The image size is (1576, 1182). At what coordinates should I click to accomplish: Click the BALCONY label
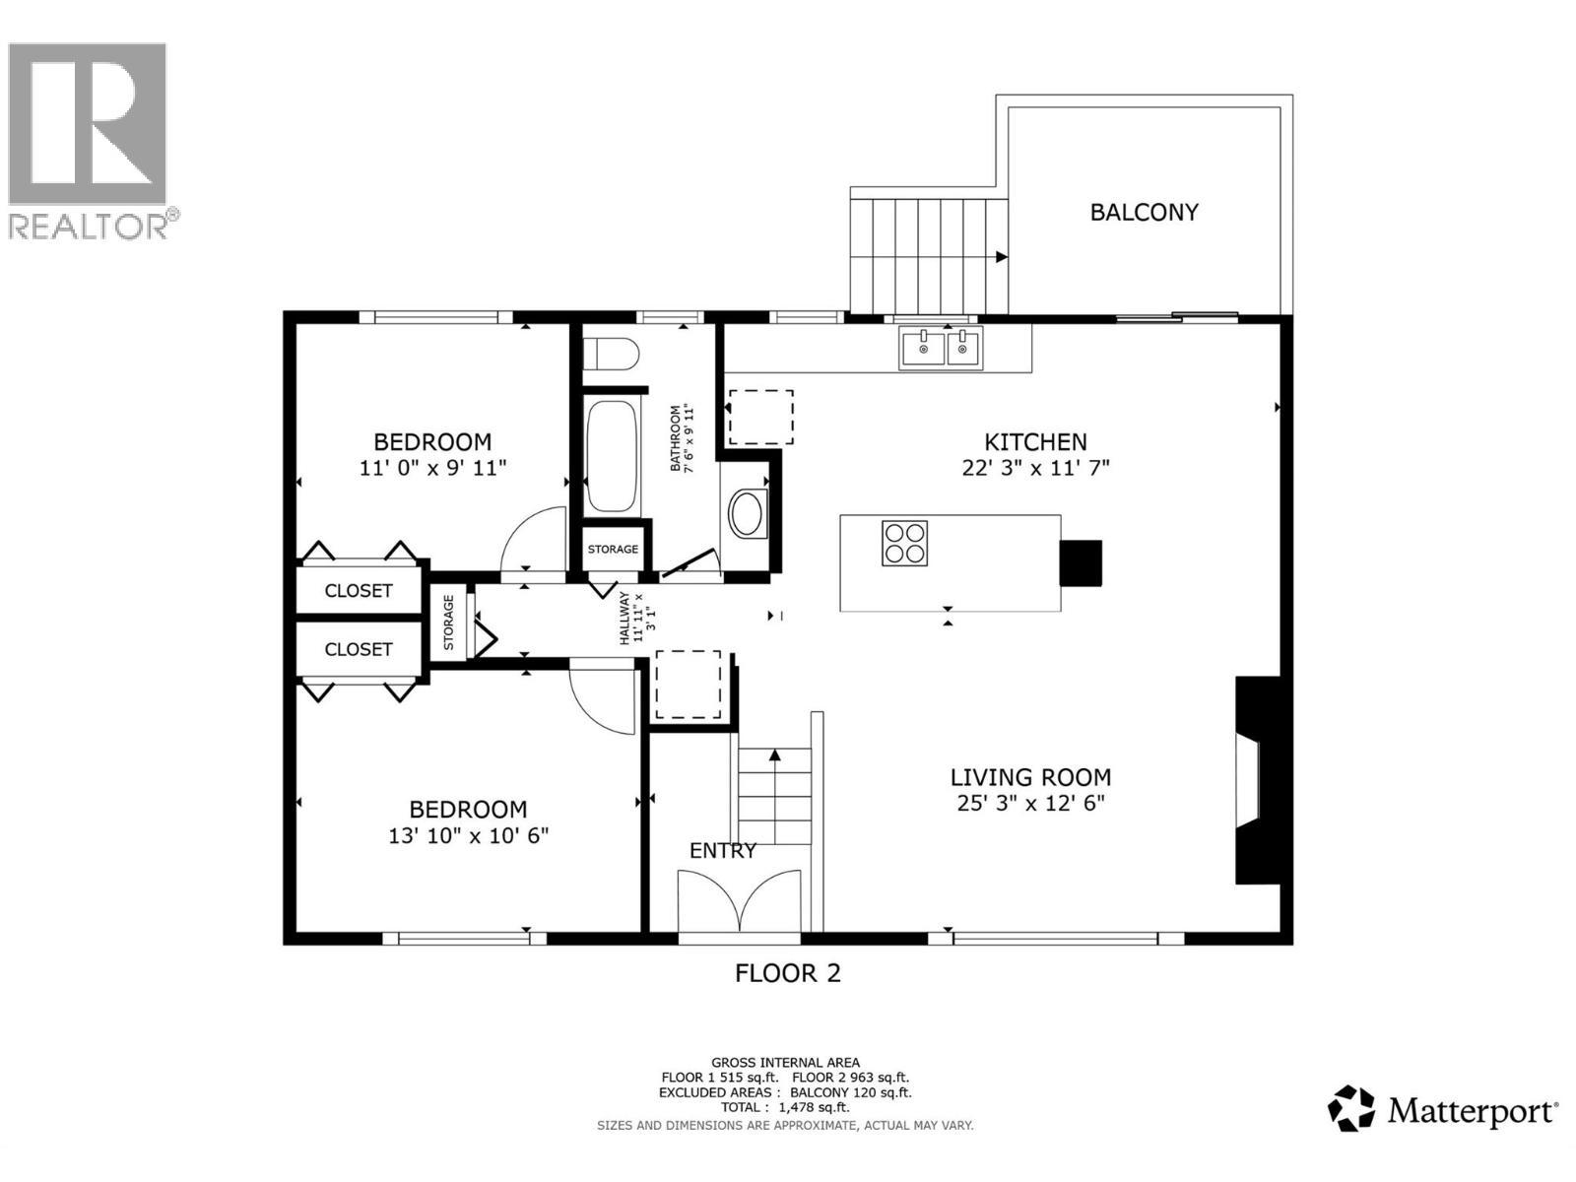click(x=1144, y=212)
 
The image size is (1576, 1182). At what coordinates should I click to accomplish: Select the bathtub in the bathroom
click(x=612, y=455)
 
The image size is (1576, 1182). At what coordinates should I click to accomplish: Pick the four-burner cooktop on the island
click(x=904, y=542)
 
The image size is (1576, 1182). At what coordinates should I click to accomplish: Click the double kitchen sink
click(x=940, y=348)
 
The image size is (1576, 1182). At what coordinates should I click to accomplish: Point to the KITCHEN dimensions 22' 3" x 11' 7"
click(x=1035, y=468)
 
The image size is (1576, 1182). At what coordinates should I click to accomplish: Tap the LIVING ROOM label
click(x=1030, y=777)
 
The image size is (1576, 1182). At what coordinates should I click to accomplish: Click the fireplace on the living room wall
click(x=1259, y=780)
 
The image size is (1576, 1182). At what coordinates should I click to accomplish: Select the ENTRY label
click(x=722, y=850)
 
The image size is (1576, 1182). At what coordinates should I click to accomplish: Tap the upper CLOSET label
click(x=359, y=590)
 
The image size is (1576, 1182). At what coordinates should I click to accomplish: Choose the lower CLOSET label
click(x=359, y=649)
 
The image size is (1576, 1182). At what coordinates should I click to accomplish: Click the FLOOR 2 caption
click(x=788, y=973)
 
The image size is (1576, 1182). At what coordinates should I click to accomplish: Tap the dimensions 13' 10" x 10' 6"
click(x=468, y=835)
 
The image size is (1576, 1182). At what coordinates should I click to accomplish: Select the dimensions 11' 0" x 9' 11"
click(x=432, y=467)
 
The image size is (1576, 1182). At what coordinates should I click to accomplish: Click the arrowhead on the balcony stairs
click(x=1001, y=257)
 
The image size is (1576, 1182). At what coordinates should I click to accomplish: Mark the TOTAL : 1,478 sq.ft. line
click(x=785, y=1107)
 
